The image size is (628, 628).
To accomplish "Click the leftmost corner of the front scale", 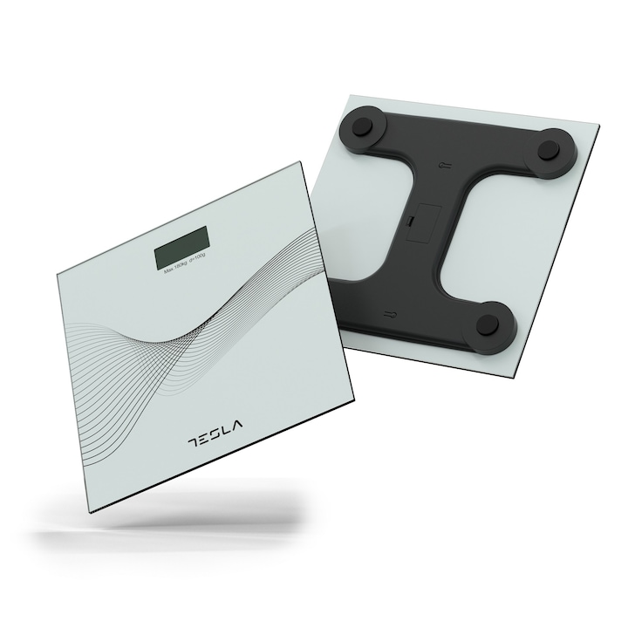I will click(57, 273).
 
